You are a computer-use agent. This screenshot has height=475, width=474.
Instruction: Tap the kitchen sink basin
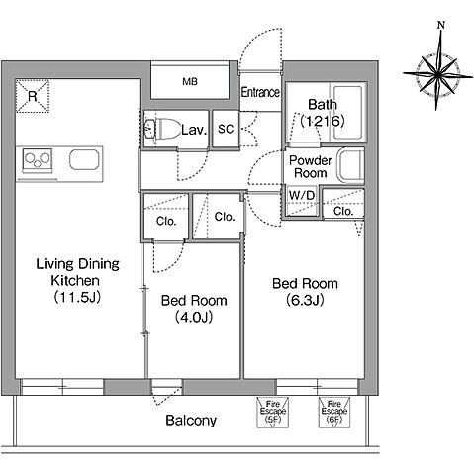(84, 159)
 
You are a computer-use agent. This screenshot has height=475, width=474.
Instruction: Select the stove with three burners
(38, 160)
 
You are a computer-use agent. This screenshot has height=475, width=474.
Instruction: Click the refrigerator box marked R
(33, 96)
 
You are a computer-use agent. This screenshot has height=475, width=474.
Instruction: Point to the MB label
(190, 81)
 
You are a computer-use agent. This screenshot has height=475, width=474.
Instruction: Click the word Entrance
(260, 92)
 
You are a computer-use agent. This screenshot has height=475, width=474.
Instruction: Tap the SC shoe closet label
(226, 129)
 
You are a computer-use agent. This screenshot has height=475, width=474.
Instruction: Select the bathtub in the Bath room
(348, 112)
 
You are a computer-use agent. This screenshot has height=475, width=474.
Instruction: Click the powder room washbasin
(351, 165)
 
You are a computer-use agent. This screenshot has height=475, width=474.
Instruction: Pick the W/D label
(302, 195)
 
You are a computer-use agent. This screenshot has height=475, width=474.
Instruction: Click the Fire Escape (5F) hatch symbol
(272, 413)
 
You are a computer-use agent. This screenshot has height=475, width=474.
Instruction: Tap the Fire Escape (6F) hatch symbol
(333, 413)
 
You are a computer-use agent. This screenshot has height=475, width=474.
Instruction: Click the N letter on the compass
(441, 25)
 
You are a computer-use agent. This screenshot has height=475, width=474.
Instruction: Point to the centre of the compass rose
(437, 74)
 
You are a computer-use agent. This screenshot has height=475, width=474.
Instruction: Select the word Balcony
(191, 421)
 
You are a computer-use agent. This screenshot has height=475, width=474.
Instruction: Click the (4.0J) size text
(194, 318)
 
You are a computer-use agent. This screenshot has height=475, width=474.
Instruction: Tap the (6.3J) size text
(305, 300)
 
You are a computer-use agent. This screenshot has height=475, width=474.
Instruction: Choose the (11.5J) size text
(77, 297)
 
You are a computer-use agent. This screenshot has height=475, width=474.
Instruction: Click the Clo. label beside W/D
(343, 211)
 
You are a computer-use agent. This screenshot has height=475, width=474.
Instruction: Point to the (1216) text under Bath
(323, 121)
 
